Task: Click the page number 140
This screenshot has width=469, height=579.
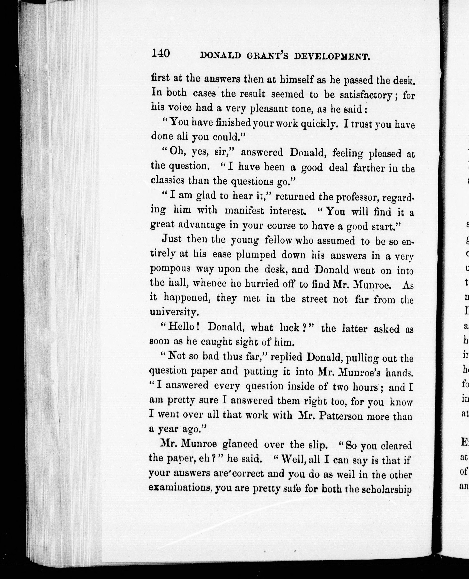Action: [161, 53]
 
